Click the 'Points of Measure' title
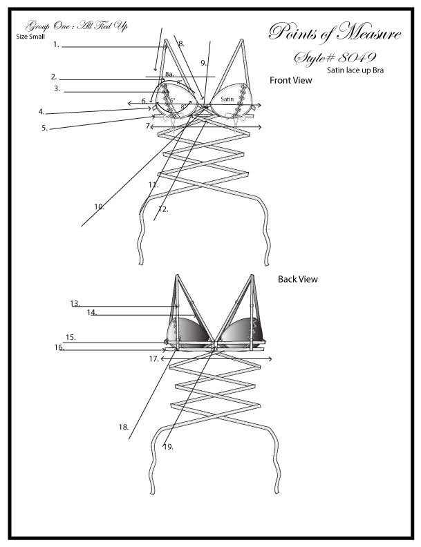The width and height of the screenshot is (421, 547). pyautogui.click(x=334, y=32)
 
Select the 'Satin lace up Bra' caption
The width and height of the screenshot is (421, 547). pyautogui.click(x=355, y=70)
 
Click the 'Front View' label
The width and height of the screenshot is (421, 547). pyautogui.click(x=290, y=81)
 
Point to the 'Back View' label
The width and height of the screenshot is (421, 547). pyautogui.click(x=298, y=280)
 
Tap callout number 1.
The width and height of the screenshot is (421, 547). pyautogui.click(x=56, y=44)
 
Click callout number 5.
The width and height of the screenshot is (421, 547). pyautogui.click(x=44, y=128)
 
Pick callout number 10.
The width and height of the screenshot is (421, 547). pyautogui.click(x=99, y=206)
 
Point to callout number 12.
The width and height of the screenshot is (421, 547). pyautogui.click(x=162, y=209)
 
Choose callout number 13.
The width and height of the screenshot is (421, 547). pyautogui.click(x=75, y=303)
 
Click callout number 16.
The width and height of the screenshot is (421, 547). pyautogui.click(x=59, y=348)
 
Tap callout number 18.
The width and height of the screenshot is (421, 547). pyautogui.click(x=124, y=428)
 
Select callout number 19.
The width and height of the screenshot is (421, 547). pyautogui.click(x=167, y=447)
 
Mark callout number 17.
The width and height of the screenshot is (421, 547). pyautogui.click(x=154, y=359)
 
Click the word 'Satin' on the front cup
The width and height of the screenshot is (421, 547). pyautogui.click(x=228, y=99)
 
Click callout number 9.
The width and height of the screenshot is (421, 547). pyautogui.click(x=203, y=63)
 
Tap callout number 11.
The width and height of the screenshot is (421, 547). pyautogui.click(x=153, y=185)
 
